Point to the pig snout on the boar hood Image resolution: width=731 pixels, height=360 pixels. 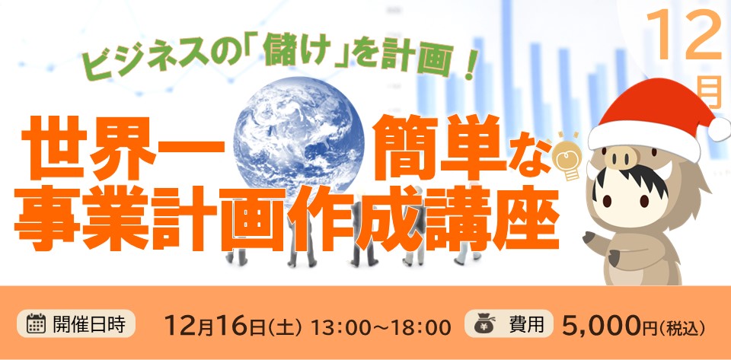[621, 157]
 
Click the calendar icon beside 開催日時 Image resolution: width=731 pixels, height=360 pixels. [36, 323]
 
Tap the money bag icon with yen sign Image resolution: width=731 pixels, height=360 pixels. [484, 323]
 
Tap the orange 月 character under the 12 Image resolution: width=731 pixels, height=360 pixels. [711, 93]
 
